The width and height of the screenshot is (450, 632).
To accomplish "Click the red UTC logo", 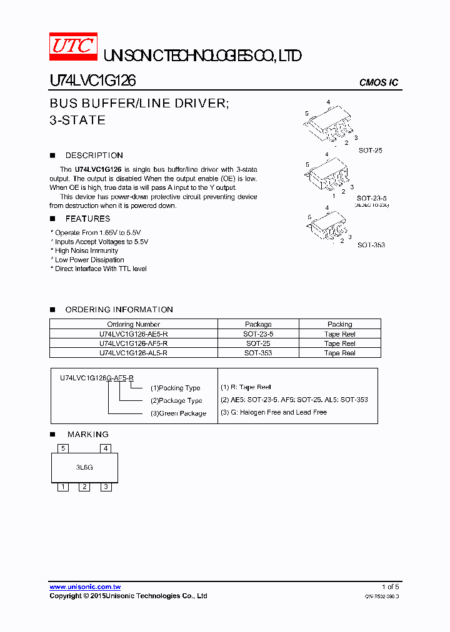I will point(73,46).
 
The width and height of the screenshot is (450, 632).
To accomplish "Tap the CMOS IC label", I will point(378,83).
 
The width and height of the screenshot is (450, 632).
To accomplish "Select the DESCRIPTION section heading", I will point(94,156).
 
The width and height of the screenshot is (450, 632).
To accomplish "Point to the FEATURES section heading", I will point(87,219).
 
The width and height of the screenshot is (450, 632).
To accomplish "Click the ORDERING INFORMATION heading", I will point(119,310).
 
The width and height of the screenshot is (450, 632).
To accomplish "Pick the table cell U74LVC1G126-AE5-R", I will point(133,334).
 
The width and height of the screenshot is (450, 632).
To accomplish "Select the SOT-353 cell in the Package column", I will point(258,353).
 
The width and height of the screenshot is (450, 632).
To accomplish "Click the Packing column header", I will point(339,324).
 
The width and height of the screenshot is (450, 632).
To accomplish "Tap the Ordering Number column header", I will point(133,324).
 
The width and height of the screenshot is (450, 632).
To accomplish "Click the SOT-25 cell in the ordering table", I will point(258,343).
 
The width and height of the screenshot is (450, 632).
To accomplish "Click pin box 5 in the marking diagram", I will point(62,448).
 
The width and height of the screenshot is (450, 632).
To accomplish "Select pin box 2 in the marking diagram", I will point(84,486).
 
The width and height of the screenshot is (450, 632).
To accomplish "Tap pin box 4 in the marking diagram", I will point(106,448).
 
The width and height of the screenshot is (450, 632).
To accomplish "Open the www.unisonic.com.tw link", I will point(85,587).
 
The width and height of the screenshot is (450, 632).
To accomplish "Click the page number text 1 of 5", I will point(390,587).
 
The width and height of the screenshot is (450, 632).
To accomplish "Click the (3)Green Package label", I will point(177,413).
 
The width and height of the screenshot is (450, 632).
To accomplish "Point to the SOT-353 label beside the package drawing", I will point(371,245).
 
